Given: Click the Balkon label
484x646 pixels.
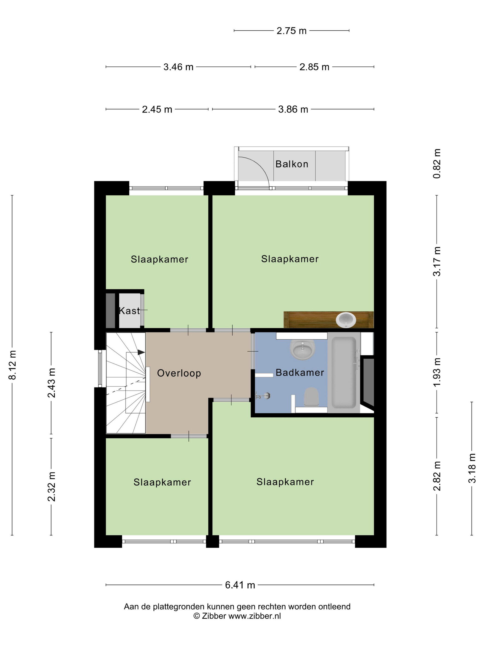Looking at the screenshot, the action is (x=292, y=164).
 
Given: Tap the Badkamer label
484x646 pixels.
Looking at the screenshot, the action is (x=300, y=372).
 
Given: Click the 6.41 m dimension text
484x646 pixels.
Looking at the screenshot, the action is (x=240, y=585).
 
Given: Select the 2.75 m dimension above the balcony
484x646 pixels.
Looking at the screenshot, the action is (x=292, y=31).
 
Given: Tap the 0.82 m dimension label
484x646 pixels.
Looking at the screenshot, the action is (x=437, y=164).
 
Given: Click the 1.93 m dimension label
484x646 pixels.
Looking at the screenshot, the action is (x=437, y=372).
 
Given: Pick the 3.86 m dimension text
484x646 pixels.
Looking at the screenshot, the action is (x=293, y=109).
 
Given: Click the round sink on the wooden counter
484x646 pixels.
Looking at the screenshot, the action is (x=346, y=320).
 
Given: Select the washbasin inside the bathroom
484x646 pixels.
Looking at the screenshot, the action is (x=303, y=349).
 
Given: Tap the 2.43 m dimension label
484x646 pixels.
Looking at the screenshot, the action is (x=52, y=383).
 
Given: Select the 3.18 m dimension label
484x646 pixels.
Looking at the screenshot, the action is (x=472, y=468).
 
